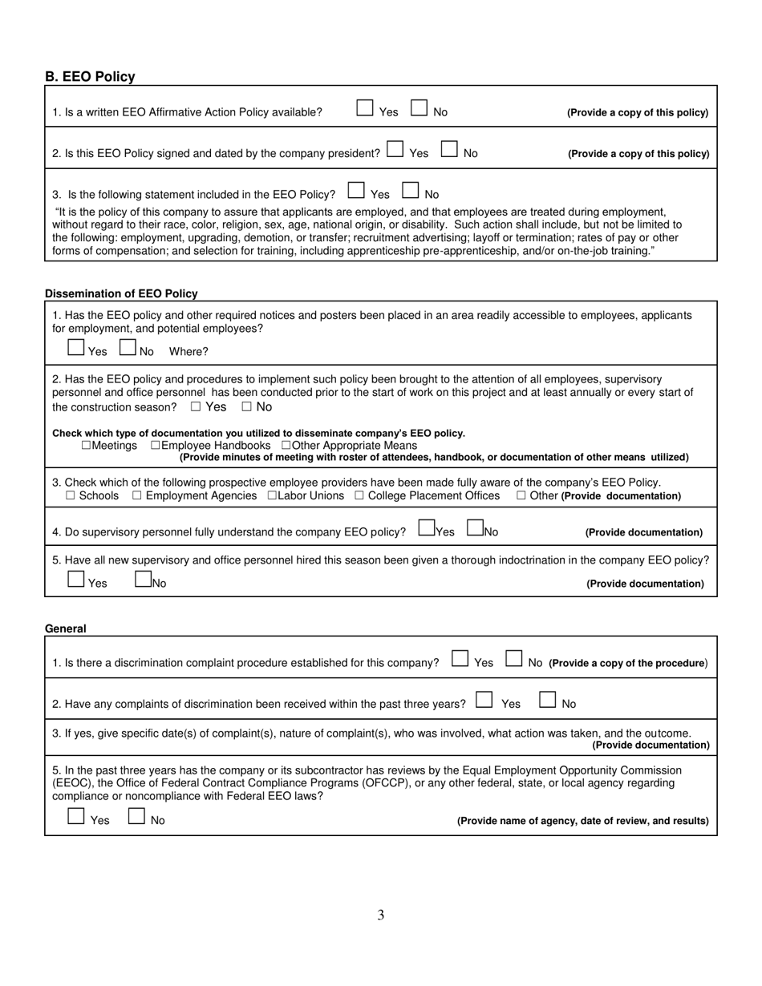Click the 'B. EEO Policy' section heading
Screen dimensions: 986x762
90,77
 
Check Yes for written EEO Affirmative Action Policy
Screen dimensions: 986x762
365,108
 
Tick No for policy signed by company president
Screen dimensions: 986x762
449,149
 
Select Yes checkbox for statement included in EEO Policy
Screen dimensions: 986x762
356,191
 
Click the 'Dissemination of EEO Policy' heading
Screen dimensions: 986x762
121,294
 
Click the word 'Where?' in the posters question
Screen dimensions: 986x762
188,352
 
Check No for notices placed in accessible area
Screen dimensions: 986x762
128,348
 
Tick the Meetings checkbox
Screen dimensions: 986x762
86,446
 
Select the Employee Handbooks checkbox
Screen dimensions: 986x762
156,446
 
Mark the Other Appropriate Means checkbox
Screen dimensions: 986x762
286,446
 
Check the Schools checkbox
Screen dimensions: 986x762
71,496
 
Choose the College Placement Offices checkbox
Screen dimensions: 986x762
359,496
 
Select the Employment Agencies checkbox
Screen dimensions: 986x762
137,496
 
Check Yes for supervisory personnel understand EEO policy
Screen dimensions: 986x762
427,528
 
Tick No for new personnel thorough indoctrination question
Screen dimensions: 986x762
143,580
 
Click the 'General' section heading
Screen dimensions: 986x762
66,629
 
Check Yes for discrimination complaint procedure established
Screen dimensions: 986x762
460,659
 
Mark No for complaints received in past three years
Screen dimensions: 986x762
547,700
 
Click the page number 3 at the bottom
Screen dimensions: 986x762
381,915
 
